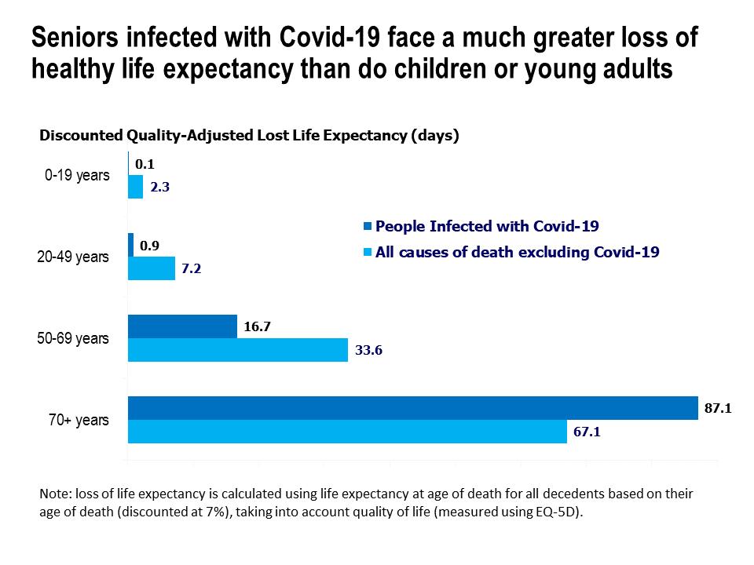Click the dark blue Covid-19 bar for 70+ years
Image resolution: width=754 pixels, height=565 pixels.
412,408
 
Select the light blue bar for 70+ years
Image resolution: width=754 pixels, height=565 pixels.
347,432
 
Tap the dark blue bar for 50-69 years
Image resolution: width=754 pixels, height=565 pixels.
182,326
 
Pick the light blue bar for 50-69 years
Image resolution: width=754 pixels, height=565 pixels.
237,350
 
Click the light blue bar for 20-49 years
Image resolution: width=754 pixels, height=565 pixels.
152,268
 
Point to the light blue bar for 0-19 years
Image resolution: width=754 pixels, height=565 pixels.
135,187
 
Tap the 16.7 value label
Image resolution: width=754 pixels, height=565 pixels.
257,326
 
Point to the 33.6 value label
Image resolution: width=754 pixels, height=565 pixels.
368,350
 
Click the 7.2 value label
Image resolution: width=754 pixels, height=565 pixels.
192,269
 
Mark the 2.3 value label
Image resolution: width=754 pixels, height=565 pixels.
160,188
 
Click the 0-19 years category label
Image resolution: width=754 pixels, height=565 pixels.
77,175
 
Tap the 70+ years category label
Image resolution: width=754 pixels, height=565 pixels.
79,420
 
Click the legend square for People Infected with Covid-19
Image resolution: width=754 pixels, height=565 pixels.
368,227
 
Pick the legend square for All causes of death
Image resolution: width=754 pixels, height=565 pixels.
368,253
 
